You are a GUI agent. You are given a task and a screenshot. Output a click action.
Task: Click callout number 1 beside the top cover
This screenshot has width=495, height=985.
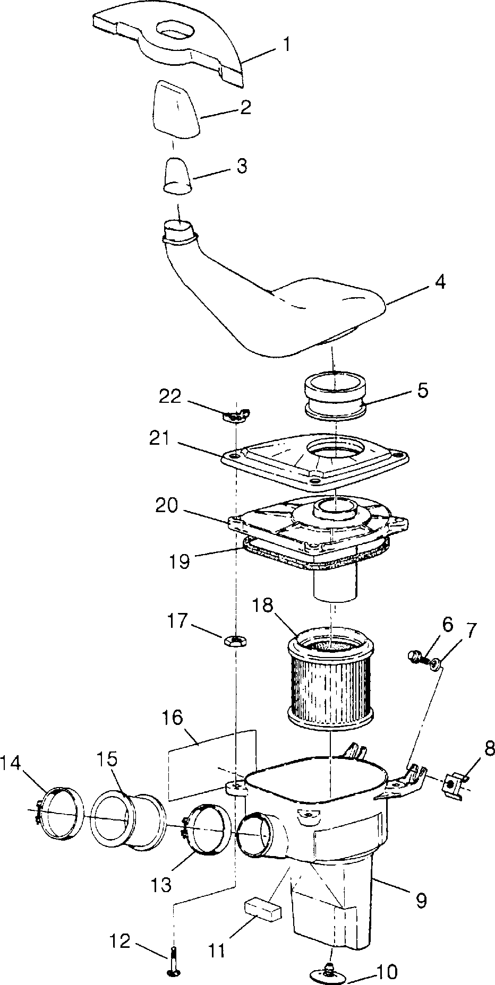click(x=286, y=45)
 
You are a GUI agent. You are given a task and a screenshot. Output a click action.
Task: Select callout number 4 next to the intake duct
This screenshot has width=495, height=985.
click(x=440, y=282)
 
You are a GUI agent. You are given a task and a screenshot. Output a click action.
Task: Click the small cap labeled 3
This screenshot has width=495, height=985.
click(x=177, y=177)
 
